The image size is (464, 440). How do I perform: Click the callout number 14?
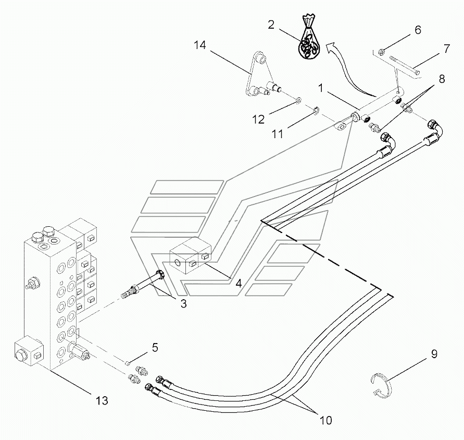pos(200,45)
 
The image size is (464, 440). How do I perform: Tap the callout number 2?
pos(271,25)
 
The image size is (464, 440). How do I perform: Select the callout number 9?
pos(434,354)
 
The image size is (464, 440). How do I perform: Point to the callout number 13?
pos(102,400)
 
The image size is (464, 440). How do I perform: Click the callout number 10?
pos(325,420)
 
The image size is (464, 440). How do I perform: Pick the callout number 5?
pos(155,348)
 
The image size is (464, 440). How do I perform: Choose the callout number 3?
pos(183,303)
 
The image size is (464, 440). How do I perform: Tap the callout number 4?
pos(239,283)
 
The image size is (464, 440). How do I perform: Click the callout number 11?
pos(278,134)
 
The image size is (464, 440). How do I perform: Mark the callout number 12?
pos(258,119)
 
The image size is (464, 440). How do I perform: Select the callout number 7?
pos(446,48)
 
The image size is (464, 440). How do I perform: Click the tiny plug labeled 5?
pos(127,362)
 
